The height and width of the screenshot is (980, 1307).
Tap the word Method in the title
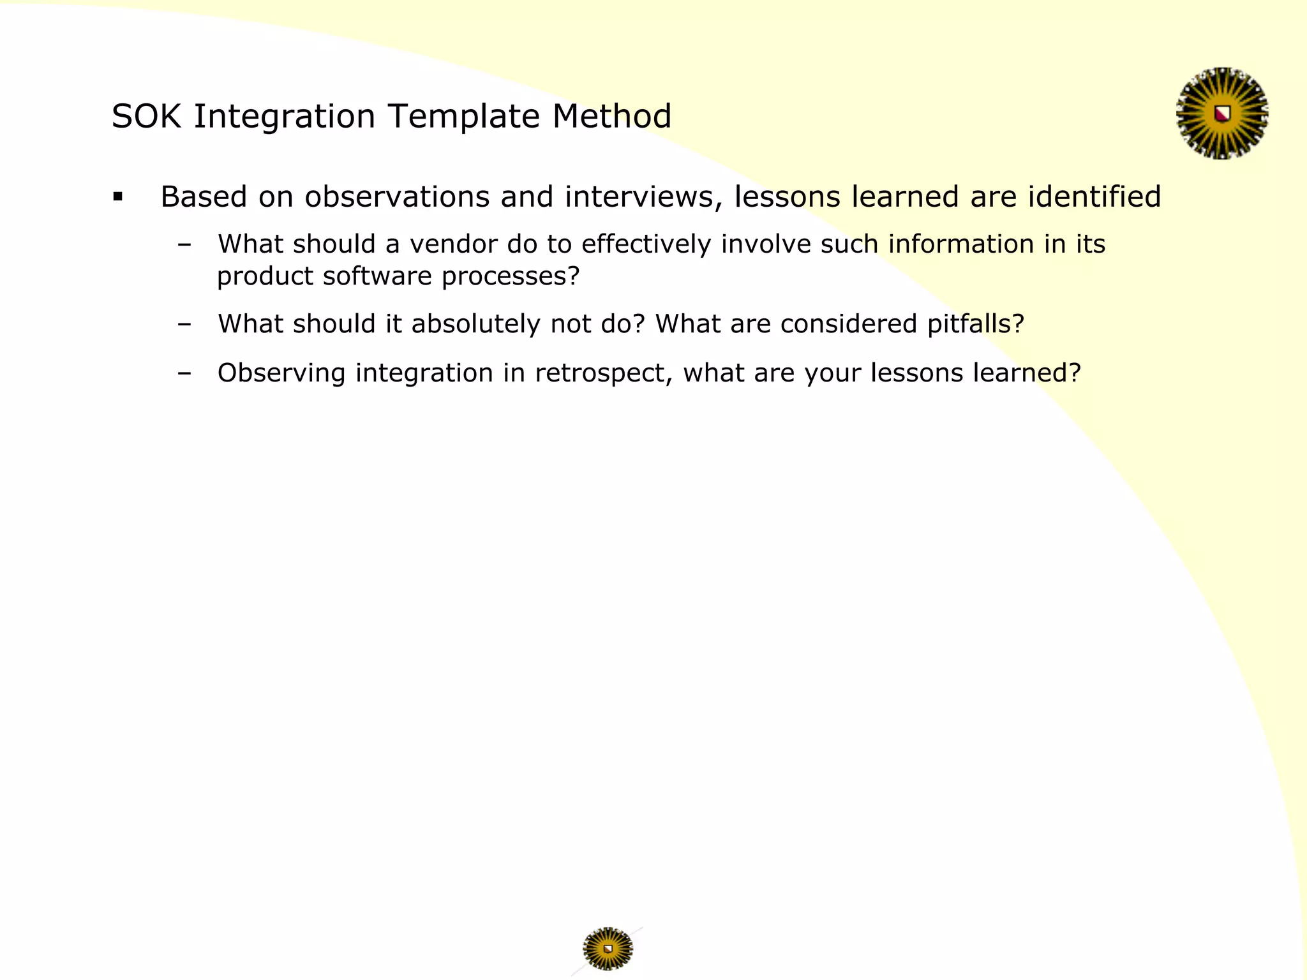pyautogui.click(x=611, y=117)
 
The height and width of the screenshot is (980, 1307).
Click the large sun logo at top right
pyautogui.click(x=1222, y=114)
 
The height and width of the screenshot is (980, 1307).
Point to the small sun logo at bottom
pyautogui.click(x=608, y=948)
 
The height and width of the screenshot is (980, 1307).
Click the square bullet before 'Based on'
pyautogui.click(x=117, y=197)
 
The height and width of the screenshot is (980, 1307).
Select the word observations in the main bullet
pyautogui.click(x=396, y=197)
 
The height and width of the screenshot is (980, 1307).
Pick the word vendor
pyautogui.click(x=453, y=245)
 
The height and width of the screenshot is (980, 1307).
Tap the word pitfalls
pyautogui.click(x=975, y=325)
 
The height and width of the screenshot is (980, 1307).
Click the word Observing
pyautogui.click(x=281, y=374)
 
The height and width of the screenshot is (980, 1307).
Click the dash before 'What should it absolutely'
pyautogui.click(x=185, y=325)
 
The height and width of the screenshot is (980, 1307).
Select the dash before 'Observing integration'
pyautogui.click(x=185, y=373)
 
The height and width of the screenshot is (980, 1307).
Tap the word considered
pyautogui.click(x=848, y=325)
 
